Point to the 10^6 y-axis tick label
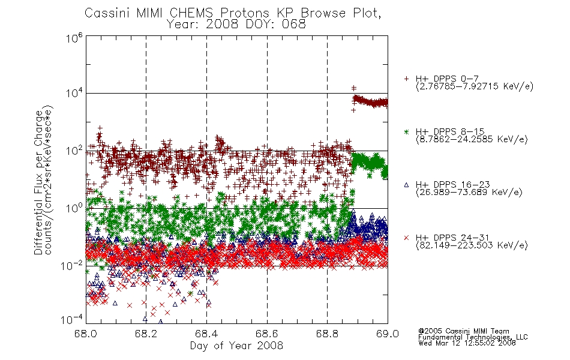tap(74, 38)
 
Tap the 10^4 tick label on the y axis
tap(74, 94)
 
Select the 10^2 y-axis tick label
tap(74, 151)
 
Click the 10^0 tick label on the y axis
tap(74, 208)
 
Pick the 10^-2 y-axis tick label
tap(72, 265)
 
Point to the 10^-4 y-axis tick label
tap(72, 320)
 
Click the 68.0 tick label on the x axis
tap(86, 334)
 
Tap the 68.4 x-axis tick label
tap(206, 334)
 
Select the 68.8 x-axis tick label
tap(327, 334)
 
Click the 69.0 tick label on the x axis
tap(388, 334)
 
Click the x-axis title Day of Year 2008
tap(236, 346)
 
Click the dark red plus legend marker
tap(406, 79)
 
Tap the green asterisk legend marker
tap(406, 131)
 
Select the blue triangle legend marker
tap(406, 185)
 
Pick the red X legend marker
tap(406, 238)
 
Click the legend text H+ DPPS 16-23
tap(453, 184)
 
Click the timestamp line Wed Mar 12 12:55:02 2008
tap(467, 343)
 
